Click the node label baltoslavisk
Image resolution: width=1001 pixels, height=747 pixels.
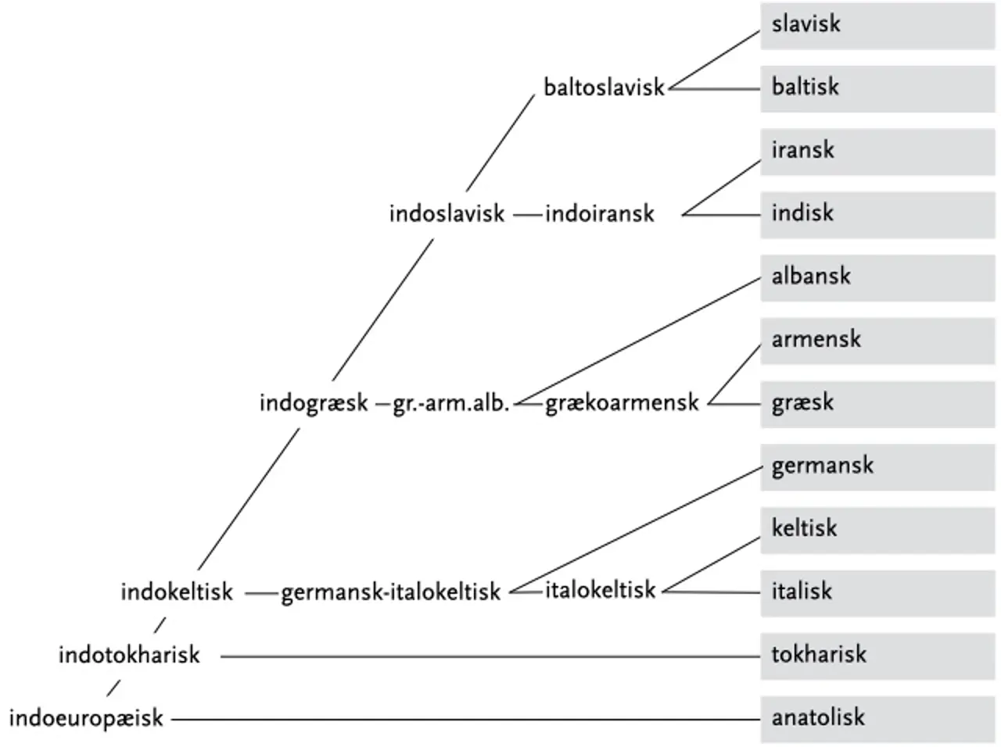pyautogui.click(x=604, y=87)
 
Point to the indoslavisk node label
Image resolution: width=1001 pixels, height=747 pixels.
pyautogui.click(x=447, y=213)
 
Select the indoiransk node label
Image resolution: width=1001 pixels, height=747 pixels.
pyautogui.click(x=599, y=213)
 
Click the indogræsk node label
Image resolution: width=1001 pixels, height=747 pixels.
pyautogui.click(x=314, y=403)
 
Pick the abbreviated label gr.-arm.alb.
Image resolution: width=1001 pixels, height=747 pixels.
pyautogui.click(x=451, y=404)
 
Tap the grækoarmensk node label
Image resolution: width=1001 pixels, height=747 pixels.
pyautogui.click(x=622, y=403)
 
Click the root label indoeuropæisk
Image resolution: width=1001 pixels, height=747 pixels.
pyautogui.click(x=86, y=718)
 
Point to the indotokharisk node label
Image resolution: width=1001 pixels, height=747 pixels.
pyautogui.click(x=129, y=655)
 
